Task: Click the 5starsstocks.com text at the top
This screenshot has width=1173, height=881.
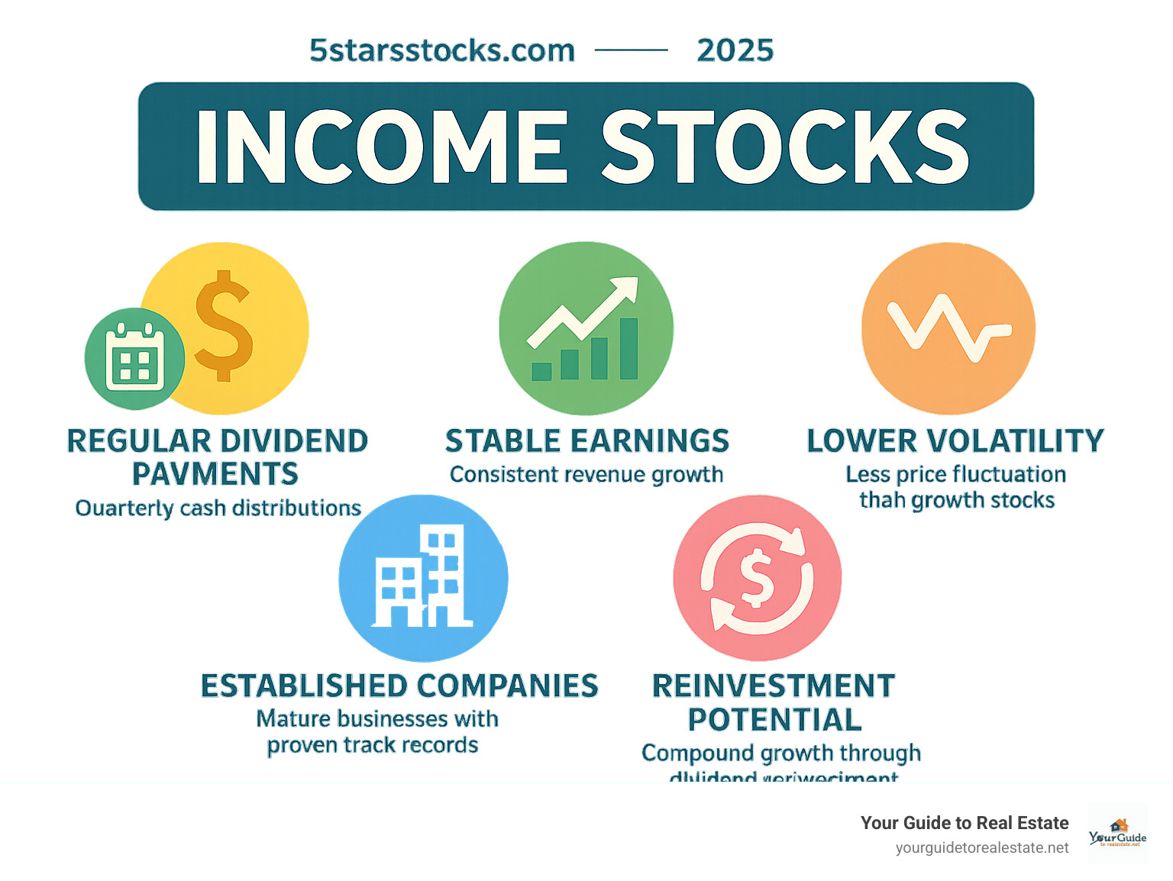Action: pos(441,51)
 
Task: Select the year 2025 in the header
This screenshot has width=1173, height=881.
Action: pos(735,51)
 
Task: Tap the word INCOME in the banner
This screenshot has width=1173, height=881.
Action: pos(383,147)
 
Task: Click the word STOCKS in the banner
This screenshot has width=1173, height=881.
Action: pos(785,147)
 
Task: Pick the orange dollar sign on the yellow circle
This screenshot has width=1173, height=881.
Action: pos(223,325)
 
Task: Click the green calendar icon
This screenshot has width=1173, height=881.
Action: pos(135,358)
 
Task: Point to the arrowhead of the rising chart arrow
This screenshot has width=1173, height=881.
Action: pos(625,290)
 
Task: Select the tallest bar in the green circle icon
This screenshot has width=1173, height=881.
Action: pos(629,349)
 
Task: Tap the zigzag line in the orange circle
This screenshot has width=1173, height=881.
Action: pos(947,328)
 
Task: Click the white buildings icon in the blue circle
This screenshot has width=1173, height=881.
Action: pos(422,577)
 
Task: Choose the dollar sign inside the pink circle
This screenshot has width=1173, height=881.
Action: pos(757,578)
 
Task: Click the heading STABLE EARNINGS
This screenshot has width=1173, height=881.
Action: pos(586,441)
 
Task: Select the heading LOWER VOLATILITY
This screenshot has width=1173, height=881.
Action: pos(955,441)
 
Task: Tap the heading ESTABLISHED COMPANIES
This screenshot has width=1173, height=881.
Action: pos(399,686)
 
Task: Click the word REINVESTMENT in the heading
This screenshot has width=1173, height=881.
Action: pos(773,686)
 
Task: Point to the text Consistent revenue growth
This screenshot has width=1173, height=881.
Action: pos(586,475)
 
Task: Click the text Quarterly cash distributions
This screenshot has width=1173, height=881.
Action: pos(218,508)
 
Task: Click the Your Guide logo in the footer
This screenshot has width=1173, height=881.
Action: pos(1118,834)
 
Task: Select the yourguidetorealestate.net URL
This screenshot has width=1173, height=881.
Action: pos(982,848)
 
